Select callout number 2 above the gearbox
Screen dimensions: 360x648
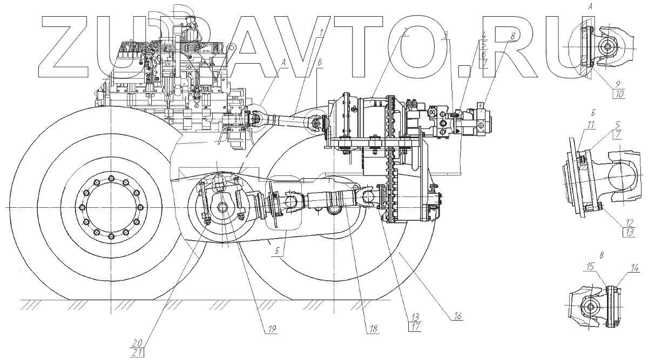406,32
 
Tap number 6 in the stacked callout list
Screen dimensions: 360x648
484,55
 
